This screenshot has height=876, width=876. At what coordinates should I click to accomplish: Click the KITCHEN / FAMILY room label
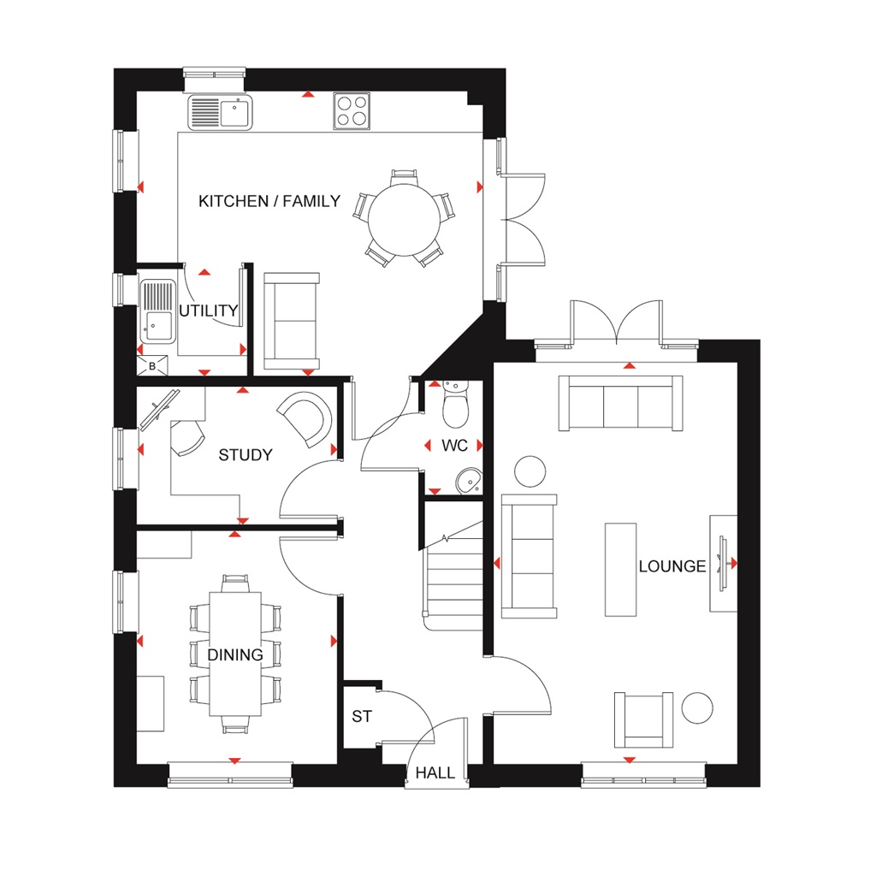pyautogui.click(x=269, y=202)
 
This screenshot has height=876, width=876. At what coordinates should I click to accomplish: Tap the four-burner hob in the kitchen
pyautogui.click(x=352, y=110)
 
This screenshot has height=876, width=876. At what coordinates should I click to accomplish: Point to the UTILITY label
pyautogui.click(x=208, y=311)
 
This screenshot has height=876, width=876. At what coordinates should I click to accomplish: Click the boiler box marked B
pyautogui.click(x=152, y=366)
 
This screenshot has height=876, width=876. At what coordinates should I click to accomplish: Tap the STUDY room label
pyautogui.click(x=246, y=455)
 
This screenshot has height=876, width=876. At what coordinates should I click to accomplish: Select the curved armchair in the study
pyautogui.click(x=306, y=418)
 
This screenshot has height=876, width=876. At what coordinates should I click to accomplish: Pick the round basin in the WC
pyautogui.click(x=468, y=482)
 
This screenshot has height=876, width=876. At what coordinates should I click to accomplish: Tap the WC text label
pyautogui.click(x=453, y=446)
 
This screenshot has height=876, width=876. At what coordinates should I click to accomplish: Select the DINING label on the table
pyautogui.click(x=235, y=655)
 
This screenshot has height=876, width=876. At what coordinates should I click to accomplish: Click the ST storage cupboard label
pyautogui.click(x=362, y=717)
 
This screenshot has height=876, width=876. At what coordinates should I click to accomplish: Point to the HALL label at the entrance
pyautogui.click(x=435, y=773)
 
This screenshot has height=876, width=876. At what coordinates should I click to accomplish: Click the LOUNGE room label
pyautogui.click(x=672, y=566)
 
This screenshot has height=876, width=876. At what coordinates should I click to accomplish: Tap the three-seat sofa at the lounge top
pyautogui.click(x=620, y=403)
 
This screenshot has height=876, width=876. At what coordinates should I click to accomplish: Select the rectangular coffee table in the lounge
pyautogui.click(x=620, y=569)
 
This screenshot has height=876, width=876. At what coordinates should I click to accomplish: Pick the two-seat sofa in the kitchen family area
pyautogui.click(x=291, y=320)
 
